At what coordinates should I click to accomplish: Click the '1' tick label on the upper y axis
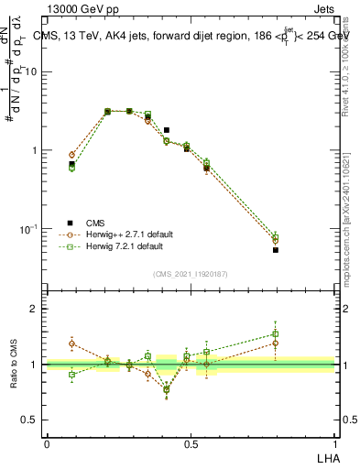[38, 150]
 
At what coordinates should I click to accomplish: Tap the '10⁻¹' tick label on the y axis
[32, 228]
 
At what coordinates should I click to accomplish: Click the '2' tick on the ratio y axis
[38, 309]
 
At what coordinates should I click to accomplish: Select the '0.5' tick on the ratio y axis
[33, 420]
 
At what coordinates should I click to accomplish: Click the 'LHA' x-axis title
[325, 457]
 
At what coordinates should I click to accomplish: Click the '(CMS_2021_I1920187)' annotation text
[191, 273]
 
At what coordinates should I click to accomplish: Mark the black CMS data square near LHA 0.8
[276, 249]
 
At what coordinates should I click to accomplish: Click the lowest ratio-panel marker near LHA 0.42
[167, 389]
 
